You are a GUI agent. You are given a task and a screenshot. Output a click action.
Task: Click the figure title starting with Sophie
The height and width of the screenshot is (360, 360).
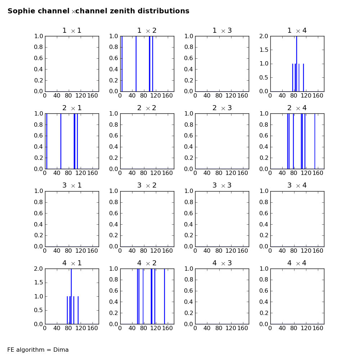[x=98, y=11]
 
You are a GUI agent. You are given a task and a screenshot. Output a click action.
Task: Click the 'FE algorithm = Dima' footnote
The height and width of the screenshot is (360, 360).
[x=38, y=350]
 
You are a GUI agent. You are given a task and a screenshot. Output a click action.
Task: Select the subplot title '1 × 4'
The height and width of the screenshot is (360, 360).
[x=297, y=31]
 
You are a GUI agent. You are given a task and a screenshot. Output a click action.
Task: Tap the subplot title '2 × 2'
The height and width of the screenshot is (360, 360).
[x=147, y=108]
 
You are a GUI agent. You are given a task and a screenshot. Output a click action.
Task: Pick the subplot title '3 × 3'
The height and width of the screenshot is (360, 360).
[x=222, y=185]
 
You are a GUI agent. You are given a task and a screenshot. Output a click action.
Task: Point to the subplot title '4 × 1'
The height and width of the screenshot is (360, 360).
[x=72, y=263]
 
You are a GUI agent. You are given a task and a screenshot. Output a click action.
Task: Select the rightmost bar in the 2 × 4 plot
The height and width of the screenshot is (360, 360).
[x=315, y=141]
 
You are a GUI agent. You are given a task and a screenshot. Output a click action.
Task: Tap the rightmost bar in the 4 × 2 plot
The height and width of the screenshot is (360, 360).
[x=165, y=296]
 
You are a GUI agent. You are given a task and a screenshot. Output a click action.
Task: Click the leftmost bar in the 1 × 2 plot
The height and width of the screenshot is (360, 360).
[x=122, y=64]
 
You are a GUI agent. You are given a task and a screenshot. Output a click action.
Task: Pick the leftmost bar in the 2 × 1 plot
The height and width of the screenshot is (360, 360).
[x=47, y=141]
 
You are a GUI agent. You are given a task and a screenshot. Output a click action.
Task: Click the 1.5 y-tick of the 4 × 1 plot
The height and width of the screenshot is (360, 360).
[x=39, y=283]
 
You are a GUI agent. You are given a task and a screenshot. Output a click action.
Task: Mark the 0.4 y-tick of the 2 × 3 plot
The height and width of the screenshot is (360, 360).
[x=189, y=147]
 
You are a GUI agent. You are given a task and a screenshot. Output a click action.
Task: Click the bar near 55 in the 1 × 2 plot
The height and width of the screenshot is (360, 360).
[x=136, y=64]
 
